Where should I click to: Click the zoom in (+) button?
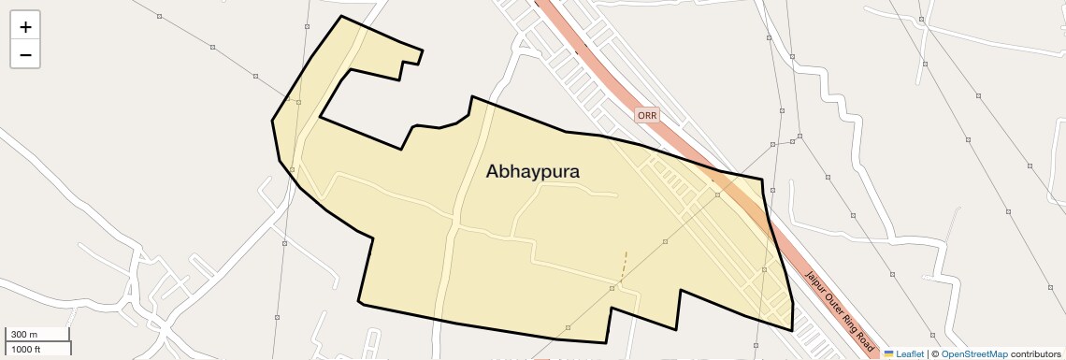coord(25,27)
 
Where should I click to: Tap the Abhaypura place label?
coord(533,172)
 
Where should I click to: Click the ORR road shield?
coord(647,115)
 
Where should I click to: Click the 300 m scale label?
coord(23,334)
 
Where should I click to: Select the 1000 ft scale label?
coord(25,349)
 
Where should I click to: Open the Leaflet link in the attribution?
coord(910,353)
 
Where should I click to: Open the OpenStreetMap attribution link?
coord(973,353)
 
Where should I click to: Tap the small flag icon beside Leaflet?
coord(888,353)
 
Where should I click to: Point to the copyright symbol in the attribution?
coord(935,353)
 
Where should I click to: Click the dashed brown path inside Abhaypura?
coord(624,266)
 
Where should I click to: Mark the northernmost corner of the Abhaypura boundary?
coord(341,16)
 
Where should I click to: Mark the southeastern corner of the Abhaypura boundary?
coord(792,330)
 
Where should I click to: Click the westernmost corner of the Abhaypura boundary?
coord(272,121)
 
